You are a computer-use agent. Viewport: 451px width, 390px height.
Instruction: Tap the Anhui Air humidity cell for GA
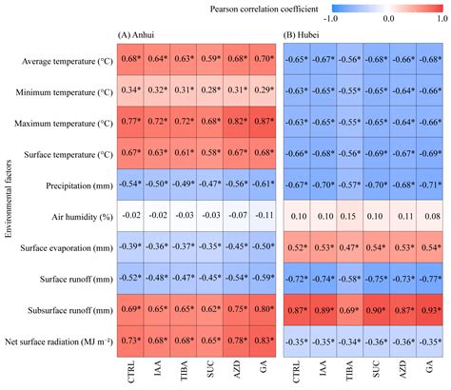256,215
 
